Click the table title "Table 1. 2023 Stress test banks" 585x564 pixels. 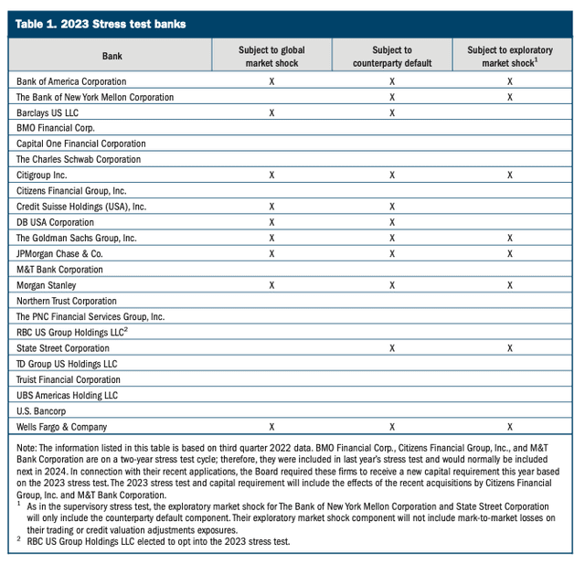(101, 24)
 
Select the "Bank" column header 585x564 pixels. (112, 57)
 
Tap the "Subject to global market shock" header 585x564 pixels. (271, 57)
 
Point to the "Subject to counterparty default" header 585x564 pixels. (392, 57)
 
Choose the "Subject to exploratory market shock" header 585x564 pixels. (509, 57)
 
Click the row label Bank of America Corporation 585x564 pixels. (71, 81)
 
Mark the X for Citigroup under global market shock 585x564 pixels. (271, 175)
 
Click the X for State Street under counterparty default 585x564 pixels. (392, 348)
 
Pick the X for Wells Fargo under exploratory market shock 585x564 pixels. (509, 427)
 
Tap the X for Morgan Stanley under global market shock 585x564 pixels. (271, 285)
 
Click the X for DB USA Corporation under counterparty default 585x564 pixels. (392, 222)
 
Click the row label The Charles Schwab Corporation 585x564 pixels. (79, 159)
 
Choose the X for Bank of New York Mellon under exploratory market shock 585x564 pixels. (509, 97)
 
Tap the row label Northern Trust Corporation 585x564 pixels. (67, 301)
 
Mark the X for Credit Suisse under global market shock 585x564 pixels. (271, 207)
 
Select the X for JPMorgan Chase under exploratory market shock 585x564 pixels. (509, 253)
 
